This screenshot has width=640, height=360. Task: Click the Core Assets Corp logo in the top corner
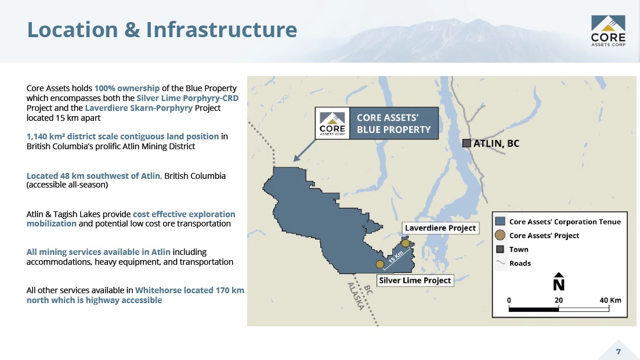pyautogui.click(x=608, y=31)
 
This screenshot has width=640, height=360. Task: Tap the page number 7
pyautogui.click(x=619, y=351)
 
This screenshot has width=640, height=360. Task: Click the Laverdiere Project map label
pyautogui.click(x=440, y=228)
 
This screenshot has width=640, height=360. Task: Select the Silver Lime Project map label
pyautogui.click(x=415, y=280)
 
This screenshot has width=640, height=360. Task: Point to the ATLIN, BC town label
pyautogui.click(x=496, y=143)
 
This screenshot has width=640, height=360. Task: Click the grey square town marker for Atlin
pyautogui.click(x=467, y=143)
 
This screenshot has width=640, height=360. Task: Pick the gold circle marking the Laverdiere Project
pyautogui.click(x=406, y=243)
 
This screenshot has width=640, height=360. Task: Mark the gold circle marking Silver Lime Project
pyautogui.click(x=380, y=264)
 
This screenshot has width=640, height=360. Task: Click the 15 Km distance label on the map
pyautogui.click(x=396, y=257)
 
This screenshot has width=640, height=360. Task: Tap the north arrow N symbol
pyautogui.click(x=559, y=282)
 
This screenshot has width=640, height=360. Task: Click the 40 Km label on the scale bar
pyautogui.click(x=610, y=300)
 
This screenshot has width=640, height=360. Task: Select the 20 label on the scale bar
pyautogui.click(x=559, y=300)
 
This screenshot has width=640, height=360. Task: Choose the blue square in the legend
pyautogui.click(x=500, y=221)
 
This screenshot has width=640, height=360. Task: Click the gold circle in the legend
pyautogui.click(x=500, y=235)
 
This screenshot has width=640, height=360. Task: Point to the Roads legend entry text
pyautogui.click(x=520, y=263)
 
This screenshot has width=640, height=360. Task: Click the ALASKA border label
pyautogui.click(x=356, y=296)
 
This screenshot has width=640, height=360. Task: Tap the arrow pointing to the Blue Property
pyautogui.click(x=305, y=150)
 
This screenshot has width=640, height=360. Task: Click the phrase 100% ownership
pyautogui.click(x=127, y=88)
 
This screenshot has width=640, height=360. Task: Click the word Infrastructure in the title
pyautogui.click(x=222, y=30)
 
